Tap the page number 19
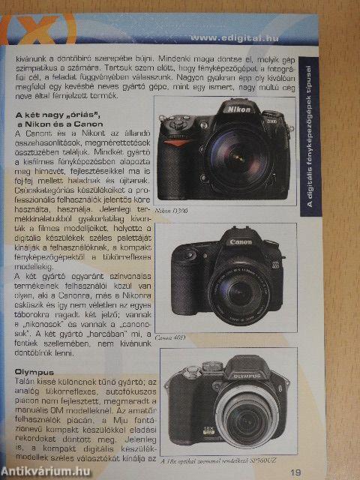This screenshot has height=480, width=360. (x=296, y=472)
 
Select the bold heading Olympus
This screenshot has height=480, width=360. (x=34, y=371)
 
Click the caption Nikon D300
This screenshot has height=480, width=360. (x=172, y=211)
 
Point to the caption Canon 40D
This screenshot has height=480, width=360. (x=171, y=337)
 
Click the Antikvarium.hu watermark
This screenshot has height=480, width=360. (x=45, y=470)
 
